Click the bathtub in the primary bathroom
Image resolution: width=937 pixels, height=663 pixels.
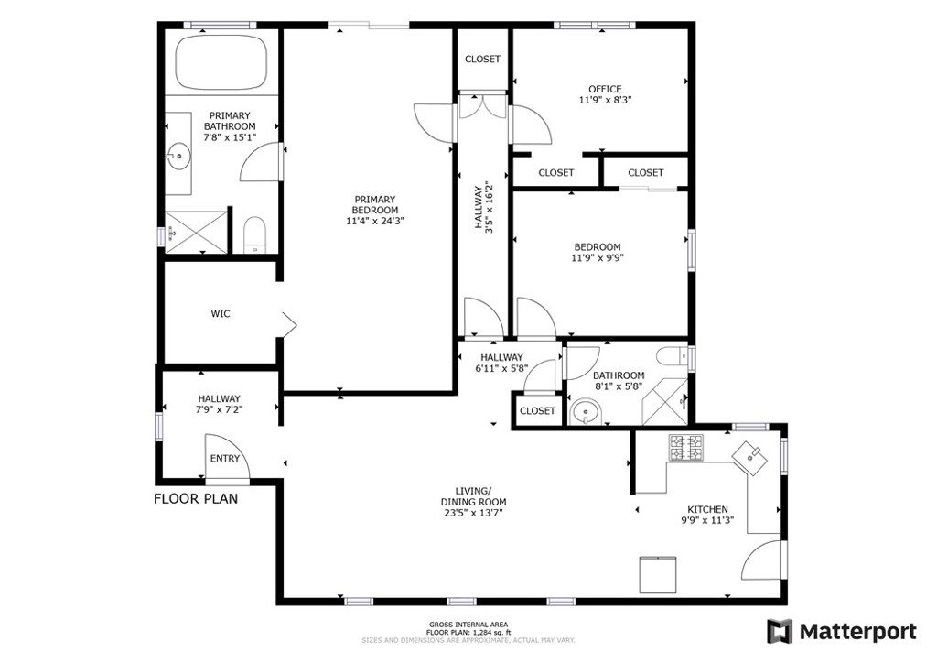tap(221, 62)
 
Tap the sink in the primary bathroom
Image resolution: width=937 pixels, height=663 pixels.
tap(178, 157)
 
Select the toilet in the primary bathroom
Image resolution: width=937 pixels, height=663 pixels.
tap(254, 234)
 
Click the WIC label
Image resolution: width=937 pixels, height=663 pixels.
tap(221, 314)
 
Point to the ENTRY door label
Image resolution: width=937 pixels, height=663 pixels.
tap(225, 459)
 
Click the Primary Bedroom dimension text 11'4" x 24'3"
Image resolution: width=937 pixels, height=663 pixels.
tap(374, 222)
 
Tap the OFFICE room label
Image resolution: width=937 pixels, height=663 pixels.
tap(605, 89)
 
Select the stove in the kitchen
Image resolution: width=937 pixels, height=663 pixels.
tap(685, 448)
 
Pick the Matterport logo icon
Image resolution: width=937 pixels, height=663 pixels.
tap(780, 631)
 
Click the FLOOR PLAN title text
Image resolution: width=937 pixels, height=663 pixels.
tap(196, 498)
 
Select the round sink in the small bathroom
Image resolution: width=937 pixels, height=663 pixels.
tap(584, 412)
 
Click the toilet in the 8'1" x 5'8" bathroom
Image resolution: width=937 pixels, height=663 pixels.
tap(673, 357)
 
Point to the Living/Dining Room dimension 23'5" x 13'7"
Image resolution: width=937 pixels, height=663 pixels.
tap(473, 513)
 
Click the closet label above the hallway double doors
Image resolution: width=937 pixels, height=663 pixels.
tap(483, 60)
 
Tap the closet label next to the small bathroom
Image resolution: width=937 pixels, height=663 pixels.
tap(537, 411)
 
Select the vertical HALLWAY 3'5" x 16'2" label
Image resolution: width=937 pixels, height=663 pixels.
tap(483, 206)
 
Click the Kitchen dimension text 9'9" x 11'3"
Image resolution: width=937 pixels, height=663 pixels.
tap(707, 520)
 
